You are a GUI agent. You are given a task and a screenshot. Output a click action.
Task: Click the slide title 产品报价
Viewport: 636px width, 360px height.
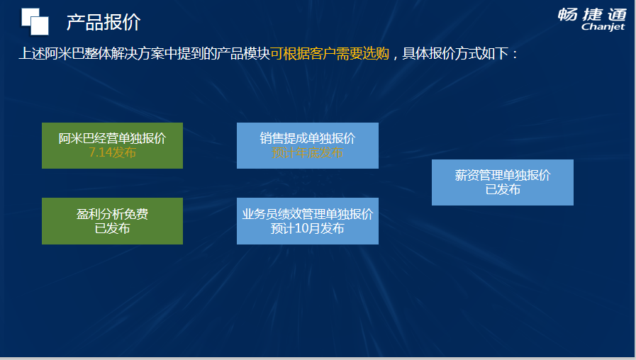coord(104,22)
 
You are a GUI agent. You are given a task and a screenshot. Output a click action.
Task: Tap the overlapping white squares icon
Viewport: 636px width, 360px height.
coord(35,21)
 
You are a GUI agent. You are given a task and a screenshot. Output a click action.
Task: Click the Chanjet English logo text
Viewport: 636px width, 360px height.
coord(603,27)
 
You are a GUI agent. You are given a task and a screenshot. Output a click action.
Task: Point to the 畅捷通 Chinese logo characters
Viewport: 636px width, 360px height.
coord(592,15)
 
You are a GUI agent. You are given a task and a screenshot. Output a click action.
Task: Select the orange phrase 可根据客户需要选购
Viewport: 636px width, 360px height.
coord(330,54)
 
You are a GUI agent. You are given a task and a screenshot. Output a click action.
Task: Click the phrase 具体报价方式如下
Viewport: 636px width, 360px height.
coord(455,54)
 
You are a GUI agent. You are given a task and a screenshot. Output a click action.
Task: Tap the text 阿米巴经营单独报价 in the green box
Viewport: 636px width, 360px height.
coord(112,138)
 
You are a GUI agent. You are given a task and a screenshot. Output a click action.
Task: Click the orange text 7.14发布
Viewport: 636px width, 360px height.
coord(112,152)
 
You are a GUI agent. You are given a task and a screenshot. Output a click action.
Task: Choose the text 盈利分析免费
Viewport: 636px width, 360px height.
coord(112,214)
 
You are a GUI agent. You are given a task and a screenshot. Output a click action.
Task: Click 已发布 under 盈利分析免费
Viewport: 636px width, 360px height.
coord(112,228)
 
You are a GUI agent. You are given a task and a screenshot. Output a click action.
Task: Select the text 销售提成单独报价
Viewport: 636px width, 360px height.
coord(308,138)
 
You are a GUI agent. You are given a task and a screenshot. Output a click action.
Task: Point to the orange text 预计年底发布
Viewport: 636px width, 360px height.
coord(308,153)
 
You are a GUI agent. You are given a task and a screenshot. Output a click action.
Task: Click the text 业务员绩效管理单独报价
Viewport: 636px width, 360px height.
coord(308,214)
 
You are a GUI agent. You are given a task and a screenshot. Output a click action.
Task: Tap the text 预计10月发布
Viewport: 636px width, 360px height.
coord(308,228)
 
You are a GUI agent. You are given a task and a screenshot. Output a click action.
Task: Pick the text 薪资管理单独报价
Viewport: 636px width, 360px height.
coord(503,175)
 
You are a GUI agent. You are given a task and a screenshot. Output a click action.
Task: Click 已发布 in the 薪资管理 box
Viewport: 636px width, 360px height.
coord(503,189)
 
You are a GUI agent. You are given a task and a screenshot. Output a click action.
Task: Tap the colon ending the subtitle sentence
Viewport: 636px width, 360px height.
coord(515,55)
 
